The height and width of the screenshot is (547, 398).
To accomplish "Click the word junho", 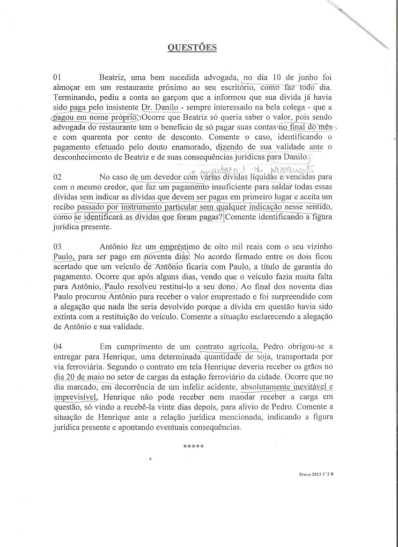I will tap(307, 77).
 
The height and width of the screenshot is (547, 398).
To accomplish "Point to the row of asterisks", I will tap(193, 446).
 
